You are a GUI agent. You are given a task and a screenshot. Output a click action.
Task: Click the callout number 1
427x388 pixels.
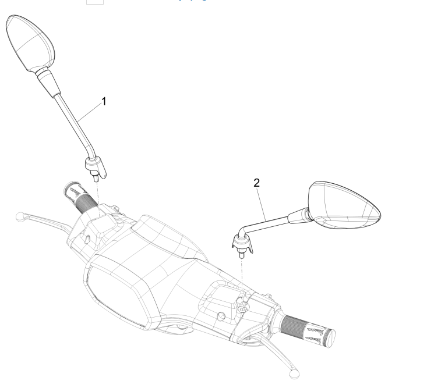tap(104, 101)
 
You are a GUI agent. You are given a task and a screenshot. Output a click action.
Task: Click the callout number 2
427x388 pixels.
tap(256, 183)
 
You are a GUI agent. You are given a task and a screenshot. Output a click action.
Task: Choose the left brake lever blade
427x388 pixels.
tap(50, 221)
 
